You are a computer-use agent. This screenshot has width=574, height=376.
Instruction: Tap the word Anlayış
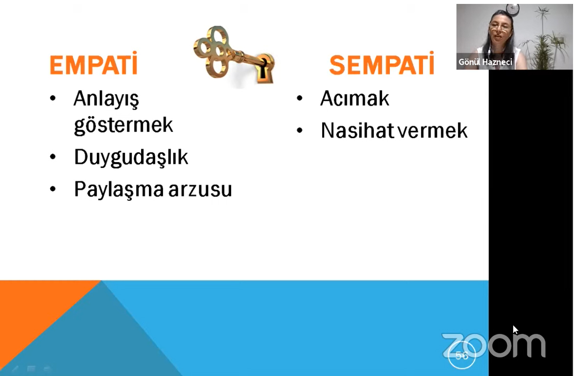point(106,99)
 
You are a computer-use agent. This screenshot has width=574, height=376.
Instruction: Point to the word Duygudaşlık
point(131,158)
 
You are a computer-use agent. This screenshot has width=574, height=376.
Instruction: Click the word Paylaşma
point(119,189)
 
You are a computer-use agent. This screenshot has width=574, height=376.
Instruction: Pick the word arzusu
point(200,190)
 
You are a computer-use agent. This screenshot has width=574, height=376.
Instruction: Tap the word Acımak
point(355,98)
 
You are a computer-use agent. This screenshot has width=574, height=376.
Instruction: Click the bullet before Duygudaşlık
point(53,157)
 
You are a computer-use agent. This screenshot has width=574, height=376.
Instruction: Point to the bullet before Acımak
point(300,98)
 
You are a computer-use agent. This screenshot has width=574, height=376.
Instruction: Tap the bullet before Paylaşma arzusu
point(53,189)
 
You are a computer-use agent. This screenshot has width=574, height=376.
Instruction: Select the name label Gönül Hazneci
point(485,62)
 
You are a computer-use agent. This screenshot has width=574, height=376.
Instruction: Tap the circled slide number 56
point(462,355)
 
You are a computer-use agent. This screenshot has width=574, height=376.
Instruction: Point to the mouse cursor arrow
point(515,329)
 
